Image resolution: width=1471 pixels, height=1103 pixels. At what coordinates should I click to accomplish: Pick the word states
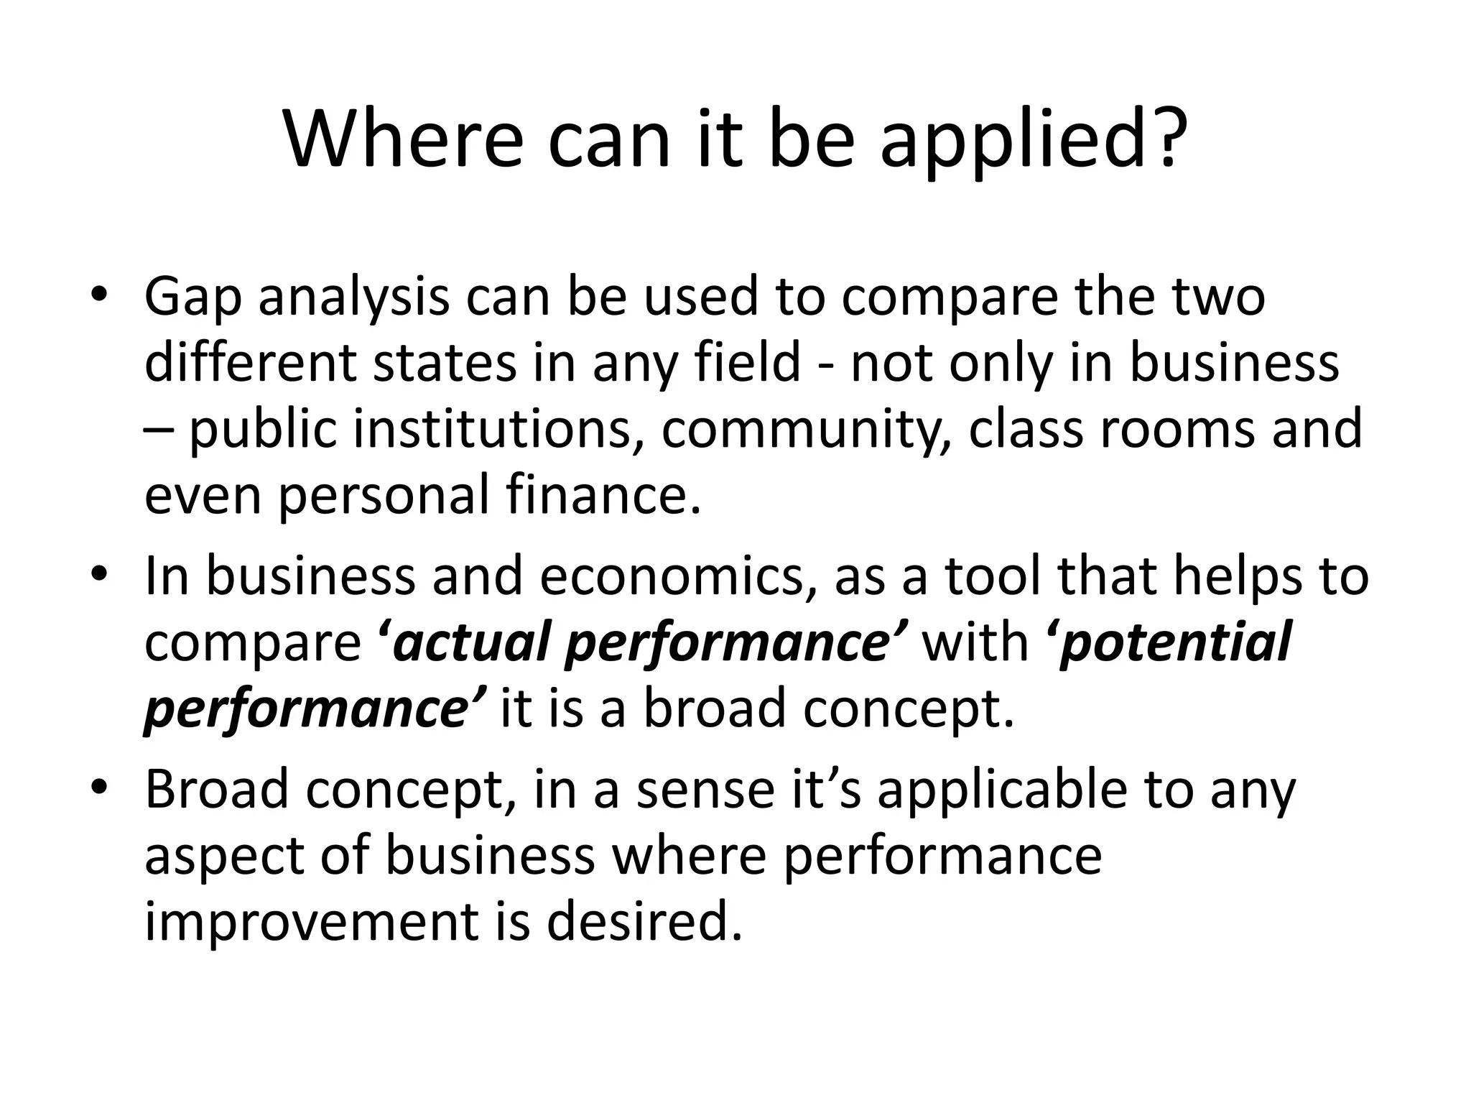pyautogui.click(x=445, y=362)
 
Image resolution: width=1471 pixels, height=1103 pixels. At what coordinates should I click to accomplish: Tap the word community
pyautogui.click(x=805, y=429)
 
